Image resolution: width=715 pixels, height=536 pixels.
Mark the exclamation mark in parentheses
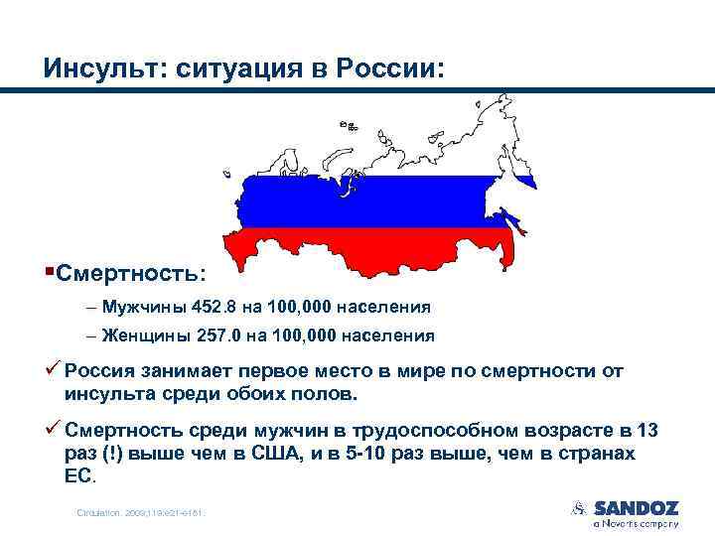(x=106, y=453)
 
